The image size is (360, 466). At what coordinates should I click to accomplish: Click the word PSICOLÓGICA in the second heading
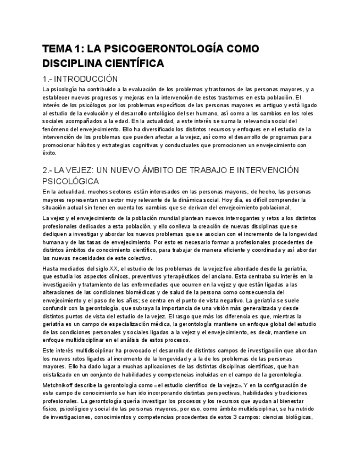[70, 181]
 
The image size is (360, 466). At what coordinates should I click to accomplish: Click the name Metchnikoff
[60, 385]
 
